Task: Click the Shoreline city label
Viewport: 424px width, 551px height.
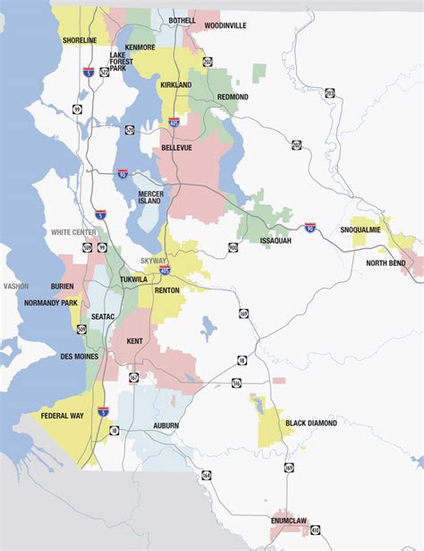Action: pyautogui.click(x=80, y=40)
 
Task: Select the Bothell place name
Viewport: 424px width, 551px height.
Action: pyautogui.click(x=182, y=19)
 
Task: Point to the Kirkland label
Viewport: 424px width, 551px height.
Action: pyautogui.click(x=175, y=84)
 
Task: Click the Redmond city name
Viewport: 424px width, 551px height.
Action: pyautogui.click(x=232, y=97)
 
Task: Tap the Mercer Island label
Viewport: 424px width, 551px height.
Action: pyautogui.click(x=149, y=197)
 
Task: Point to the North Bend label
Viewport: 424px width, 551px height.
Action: pyautogui.click(x=386, y=263)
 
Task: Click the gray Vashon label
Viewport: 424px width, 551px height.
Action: pyautogui.click(x=16, y=287)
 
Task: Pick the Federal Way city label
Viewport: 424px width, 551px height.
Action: pyautogui.click(x=62, y=415)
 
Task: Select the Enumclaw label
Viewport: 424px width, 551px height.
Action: pyautogui.click(x=291, y=520)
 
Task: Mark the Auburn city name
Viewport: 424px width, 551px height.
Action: pyautogui.click(x=166, y=425)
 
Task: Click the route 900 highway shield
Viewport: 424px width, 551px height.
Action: pyautogui.click(x=233, y=247)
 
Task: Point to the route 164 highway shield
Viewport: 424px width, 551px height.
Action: pyautogui.click(x=207, y=474)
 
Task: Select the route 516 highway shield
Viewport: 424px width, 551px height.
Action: pyautogui.click(x=236, y=383)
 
